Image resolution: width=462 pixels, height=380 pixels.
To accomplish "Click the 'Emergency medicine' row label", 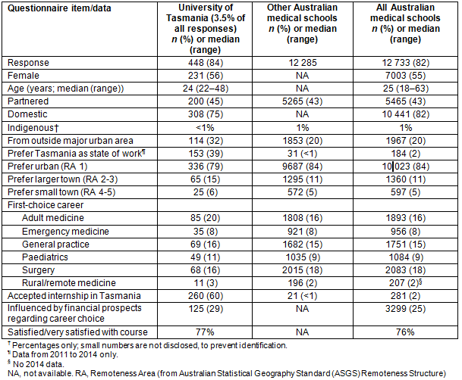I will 68,231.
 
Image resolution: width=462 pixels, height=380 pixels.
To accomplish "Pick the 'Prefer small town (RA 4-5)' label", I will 64,192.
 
